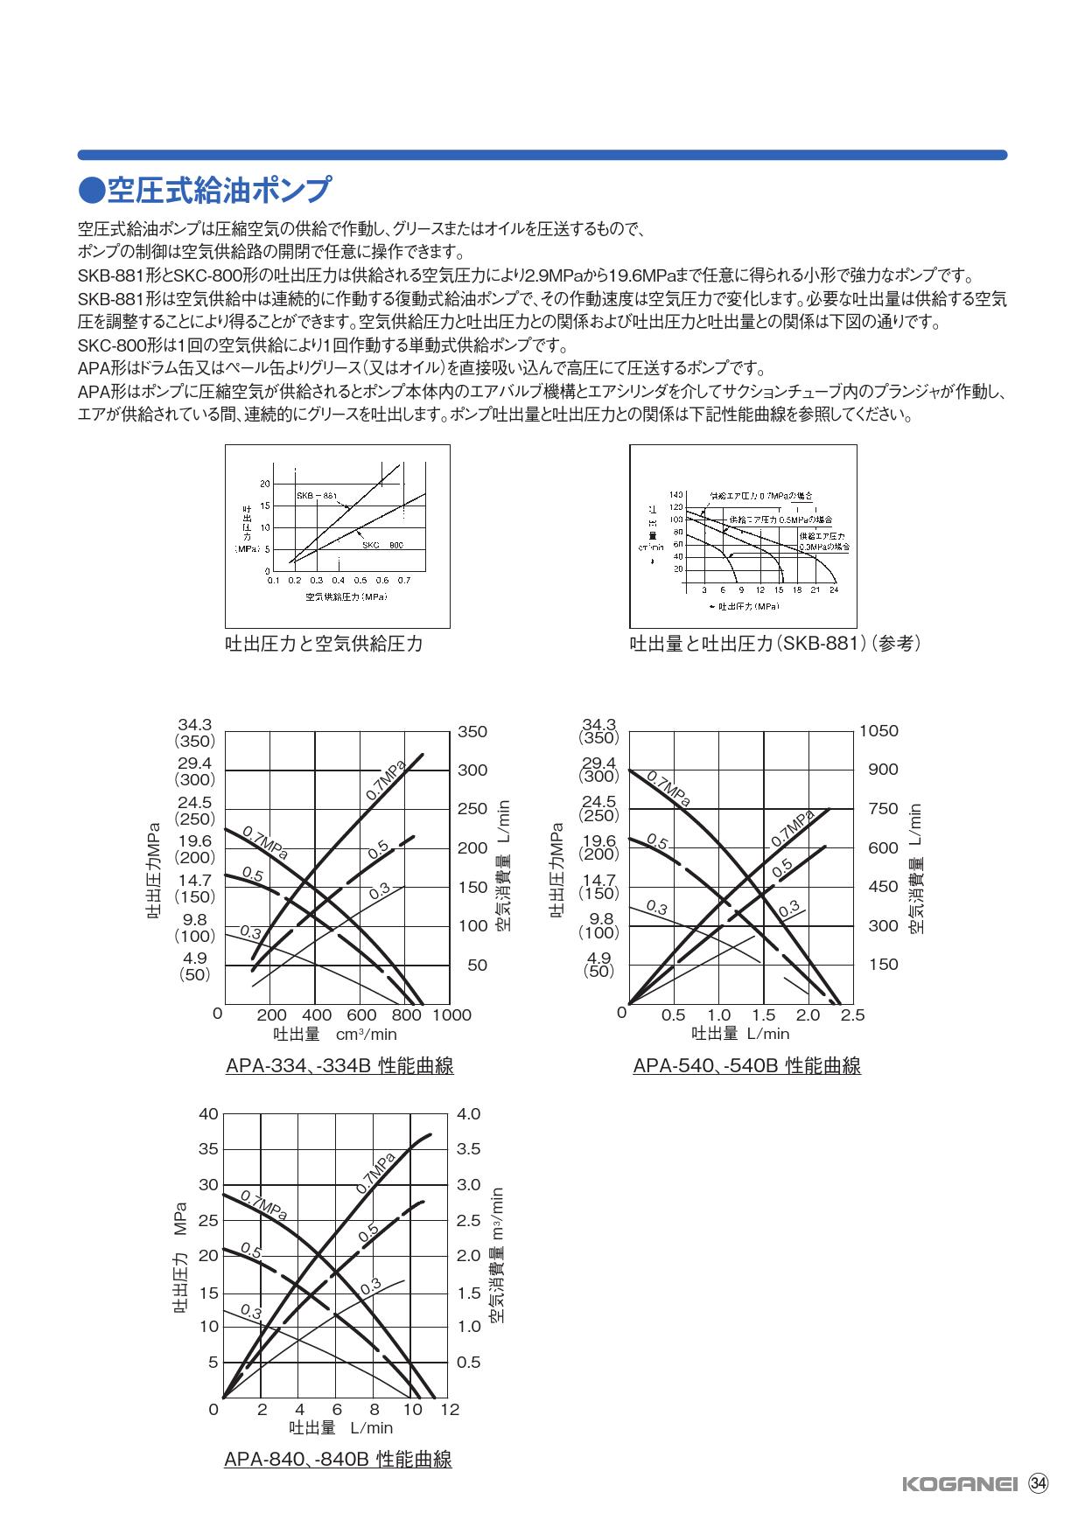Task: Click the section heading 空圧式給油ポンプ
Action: pos(206,190)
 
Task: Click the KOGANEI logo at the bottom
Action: pos(958,1484)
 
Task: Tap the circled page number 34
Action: pos(1039,1483)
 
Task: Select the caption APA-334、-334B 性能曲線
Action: pos(339,1066)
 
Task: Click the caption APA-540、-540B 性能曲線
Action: pos(746,1066)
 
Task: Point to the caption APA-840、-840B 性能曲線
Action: pos(338,1460)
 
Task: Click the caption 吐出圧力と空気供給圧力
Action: pos(324,645)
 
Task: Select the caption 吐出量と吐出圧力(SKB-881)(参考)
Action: pos(775,645)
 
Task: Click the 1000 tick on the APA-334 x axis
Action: pos(451,1015)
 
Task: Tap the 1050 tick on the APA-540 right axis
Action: pos(878,731)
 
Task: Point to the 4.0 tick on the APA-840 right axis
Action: pos(469,1114)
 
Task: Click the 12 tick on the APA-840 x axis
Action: pos(449,1410)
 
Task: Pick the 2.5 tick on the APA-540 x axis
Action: pos(852,1015)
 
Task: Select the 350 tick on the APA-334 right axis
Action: pos(472,731)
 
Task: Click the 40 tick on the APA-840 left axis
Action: pos(208,1114)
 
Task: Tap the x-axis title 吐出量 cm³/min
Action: pos(335,1035)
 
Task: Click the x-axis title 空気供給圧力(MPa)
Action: pos(346,596)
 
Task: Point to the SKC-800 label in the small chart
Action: pos(382,544)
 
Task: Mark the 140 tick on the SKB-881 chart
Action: pos(676,494)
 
